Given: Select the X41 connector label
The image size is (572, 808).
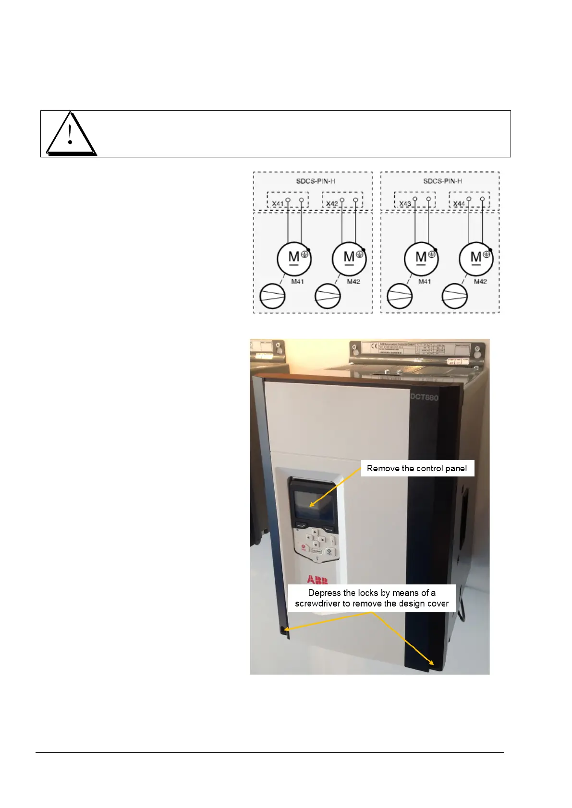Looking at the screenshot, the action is tap(278, 203).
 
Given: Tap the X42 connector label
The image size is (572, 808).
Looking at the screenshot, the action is tap(332, 203).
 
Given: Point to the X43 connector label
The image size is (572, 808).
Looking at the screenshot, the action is tap(405, 203).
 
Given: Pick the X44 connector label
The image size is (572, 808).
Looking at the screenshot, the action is tap(459, 203).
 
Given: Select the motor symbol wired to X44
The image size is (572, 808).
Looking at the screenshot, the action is tap(476, 259).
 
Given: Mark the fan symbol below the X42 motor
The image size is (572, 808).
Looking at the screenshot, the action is tap(328, 296).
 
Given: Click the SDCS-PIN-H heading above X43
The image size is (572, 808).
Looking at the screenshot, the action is tap(442, 181).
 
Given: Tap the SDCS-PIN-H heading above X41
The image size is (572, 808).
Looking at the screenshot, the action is tap(316, 181).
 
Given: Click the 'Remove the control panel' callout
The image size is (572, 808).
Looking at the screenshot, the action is tap(417, 468).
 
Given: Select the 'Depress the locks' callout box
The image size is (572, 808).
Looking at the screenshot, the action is tap(372, 598).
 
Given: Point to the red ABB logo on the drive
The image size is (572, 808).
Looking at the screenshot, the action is tap(317, 580).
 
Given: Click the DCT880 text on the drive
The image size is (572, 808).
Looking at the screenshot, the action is tap(424, 397).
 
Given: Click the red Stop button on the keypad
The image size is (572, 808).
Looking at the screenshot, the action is tap(304, 548).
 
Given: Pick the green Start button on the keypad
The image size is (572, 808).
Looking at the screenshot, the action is tap(329, 552).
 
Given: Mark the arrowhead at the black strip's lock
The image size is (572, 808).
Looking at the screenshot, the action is tap(432, 663).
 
